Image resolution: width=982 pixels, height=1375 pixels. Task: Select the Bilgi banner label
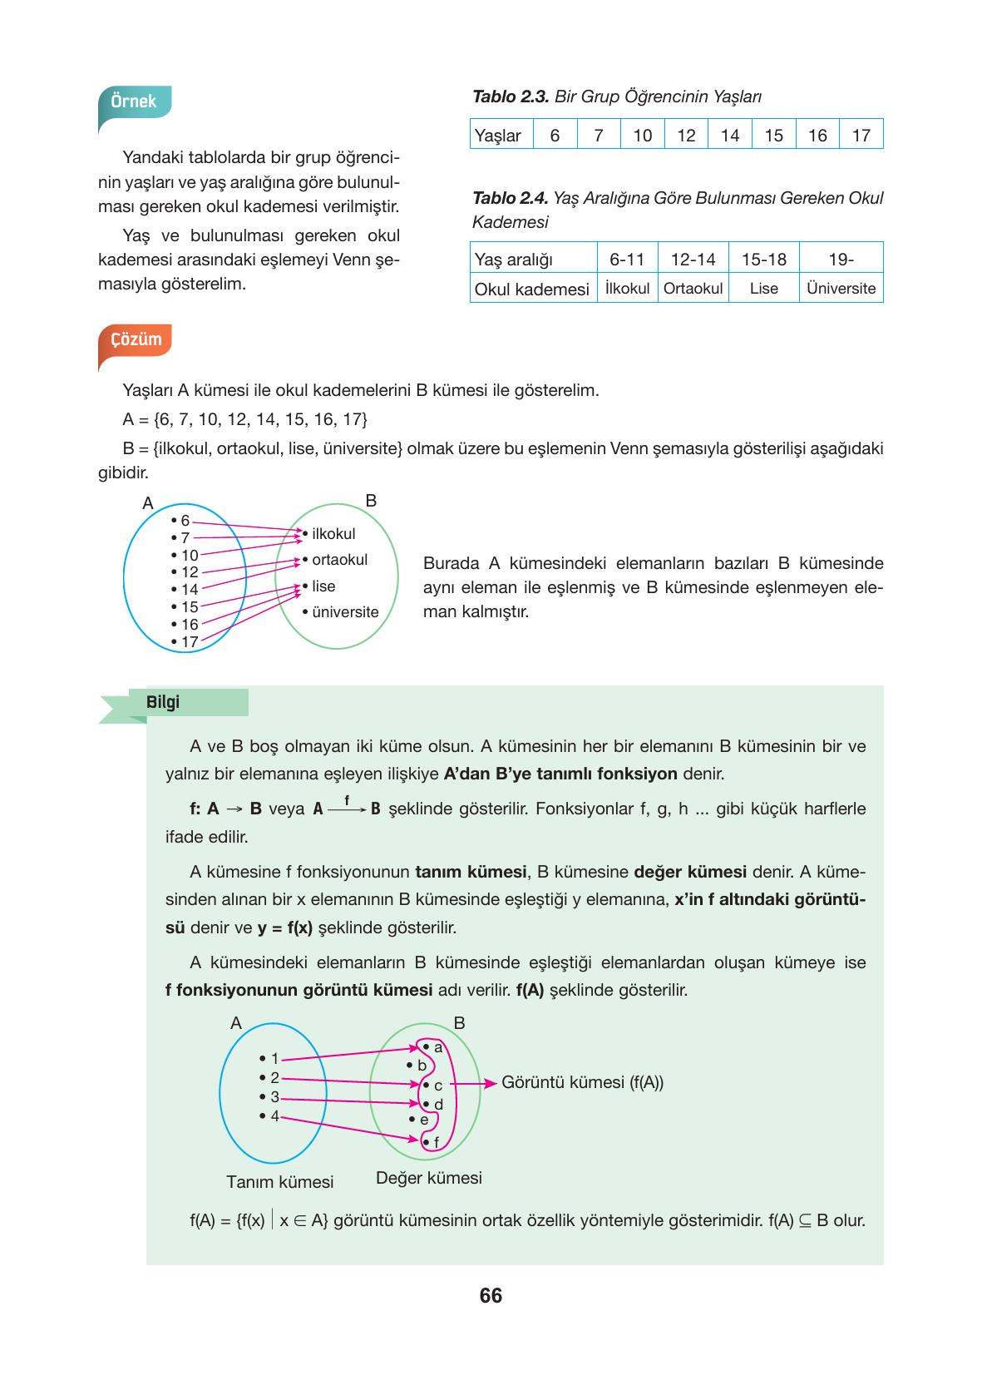click(163, 702)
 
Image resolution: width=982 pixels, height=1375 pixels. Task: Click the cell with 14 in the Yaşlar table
click(729, 135)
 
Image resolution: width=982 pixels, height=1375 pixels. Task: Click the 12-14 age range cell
click(693, 259)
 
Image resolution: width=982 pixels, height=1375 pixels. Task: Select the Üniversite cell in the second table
click(841, 288)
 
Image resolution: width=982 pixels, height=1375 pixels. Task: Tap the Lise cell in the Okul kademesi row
click(763, 288)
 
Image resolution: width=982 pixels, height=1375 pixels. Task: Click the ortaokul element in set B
click(338, 560)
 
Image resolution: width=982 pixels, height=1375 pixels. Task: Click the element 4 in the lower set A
click(274, 1116)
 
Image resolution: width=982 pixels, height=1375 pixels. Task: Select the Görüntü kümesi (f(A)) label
click(582, 1082)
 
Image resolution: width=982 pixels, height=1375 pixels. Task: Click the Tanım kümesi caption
click(279, 1181)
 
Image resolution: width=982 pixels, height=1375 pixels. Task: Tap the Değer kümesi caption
click(428, 1178)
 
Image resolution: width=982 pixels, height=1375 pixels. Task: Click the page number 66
click(491, 1296)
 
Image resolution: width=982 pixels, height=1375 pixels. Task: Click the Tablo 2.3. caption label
click(510, 96)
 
